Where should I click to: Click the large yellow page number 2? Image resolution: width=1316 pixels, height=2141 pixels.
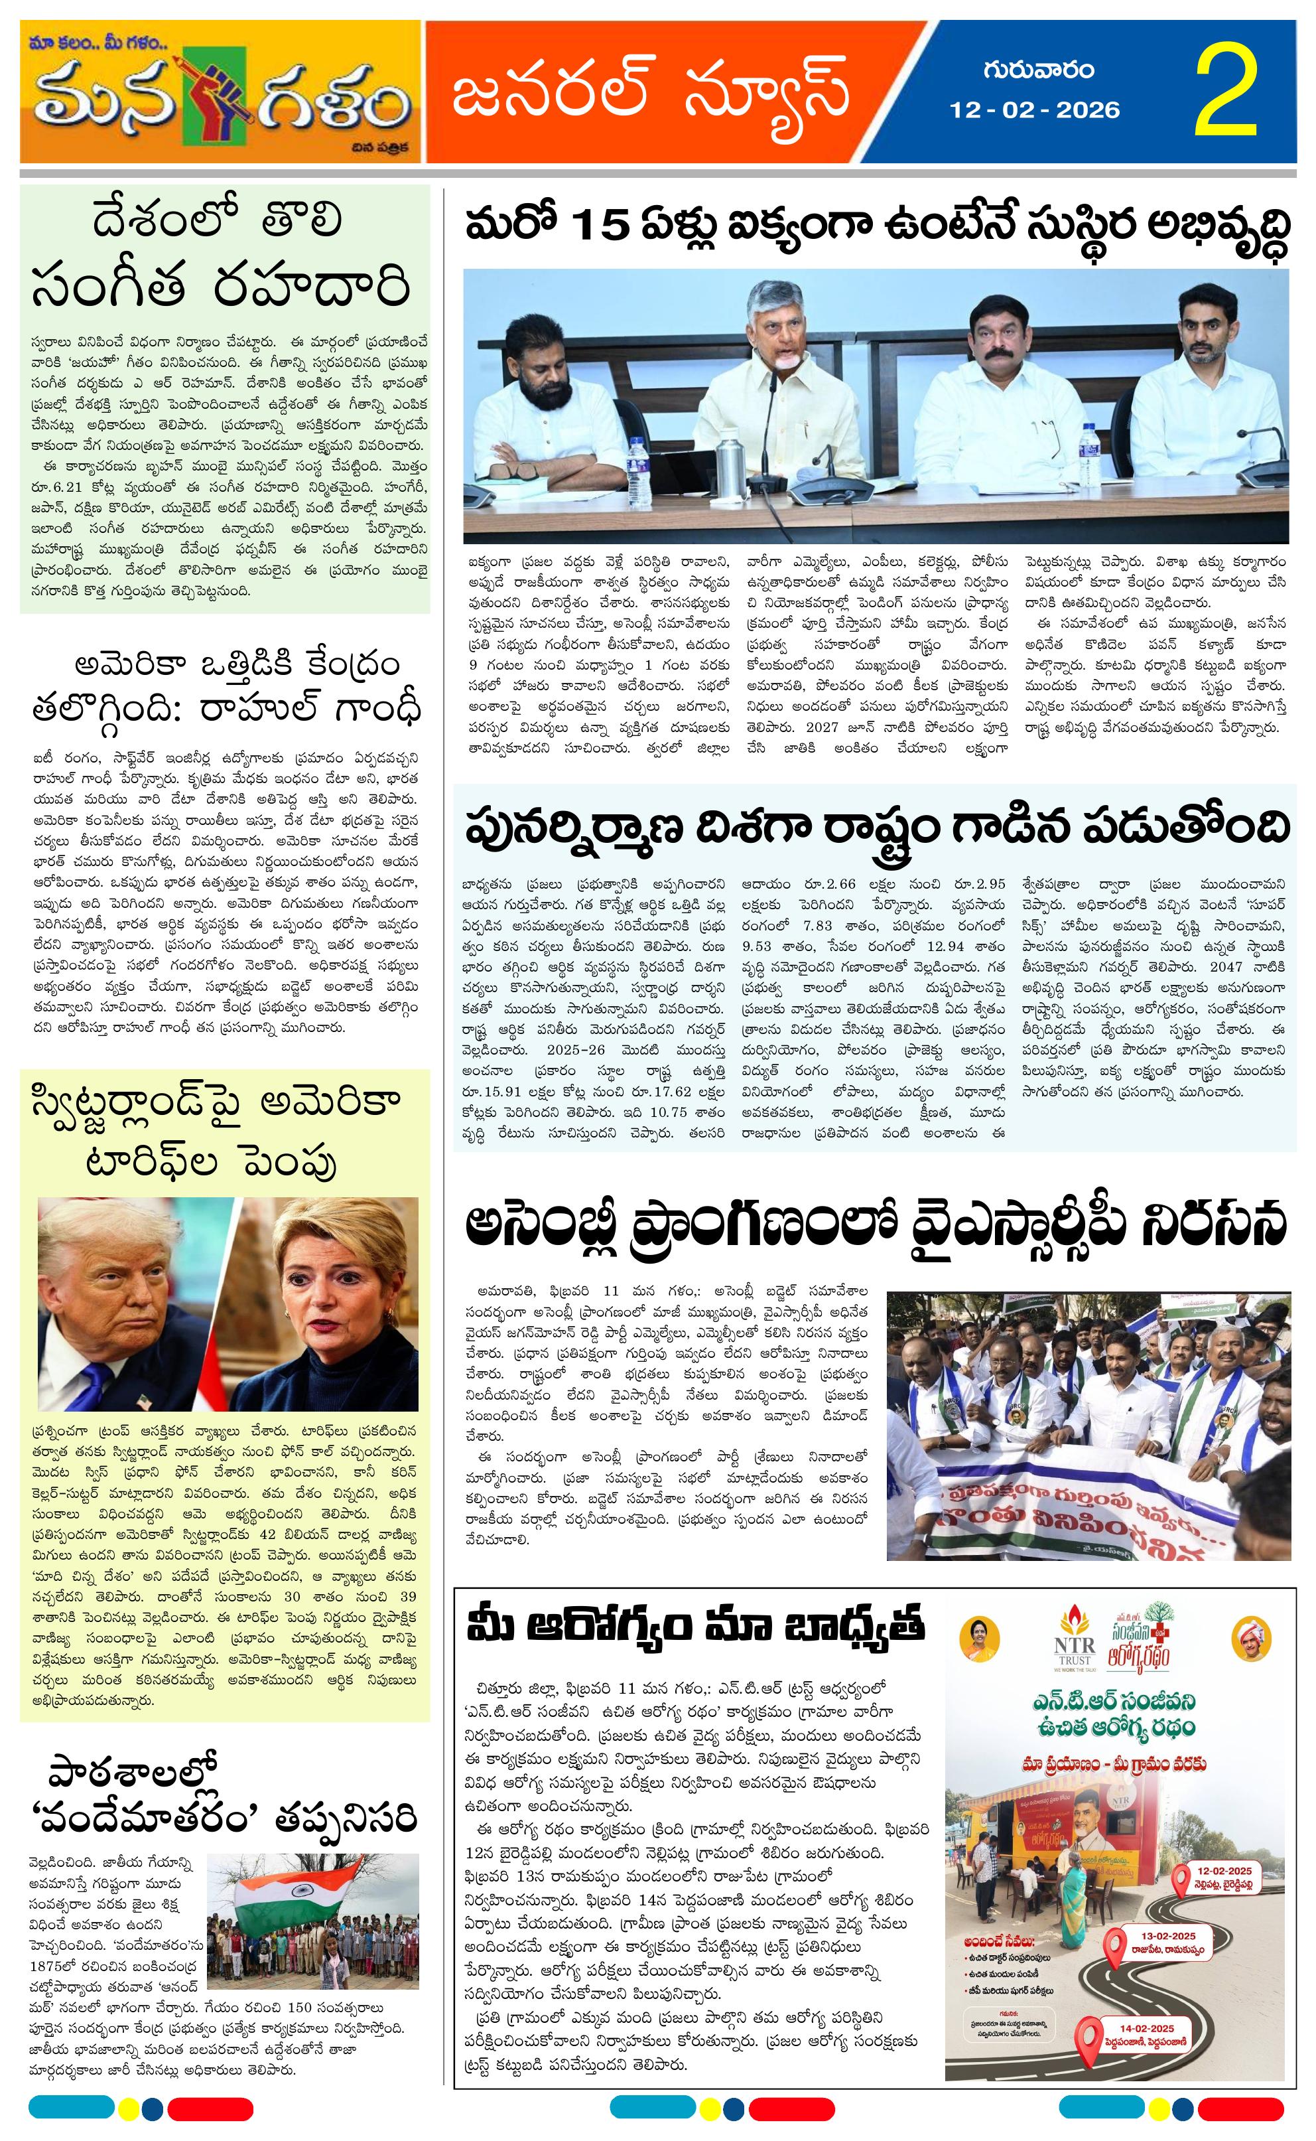(x=1226, y=93)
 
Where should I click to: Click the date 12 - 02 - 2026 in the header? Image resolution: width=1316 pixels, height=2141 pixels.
(x=1034, y=110)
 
